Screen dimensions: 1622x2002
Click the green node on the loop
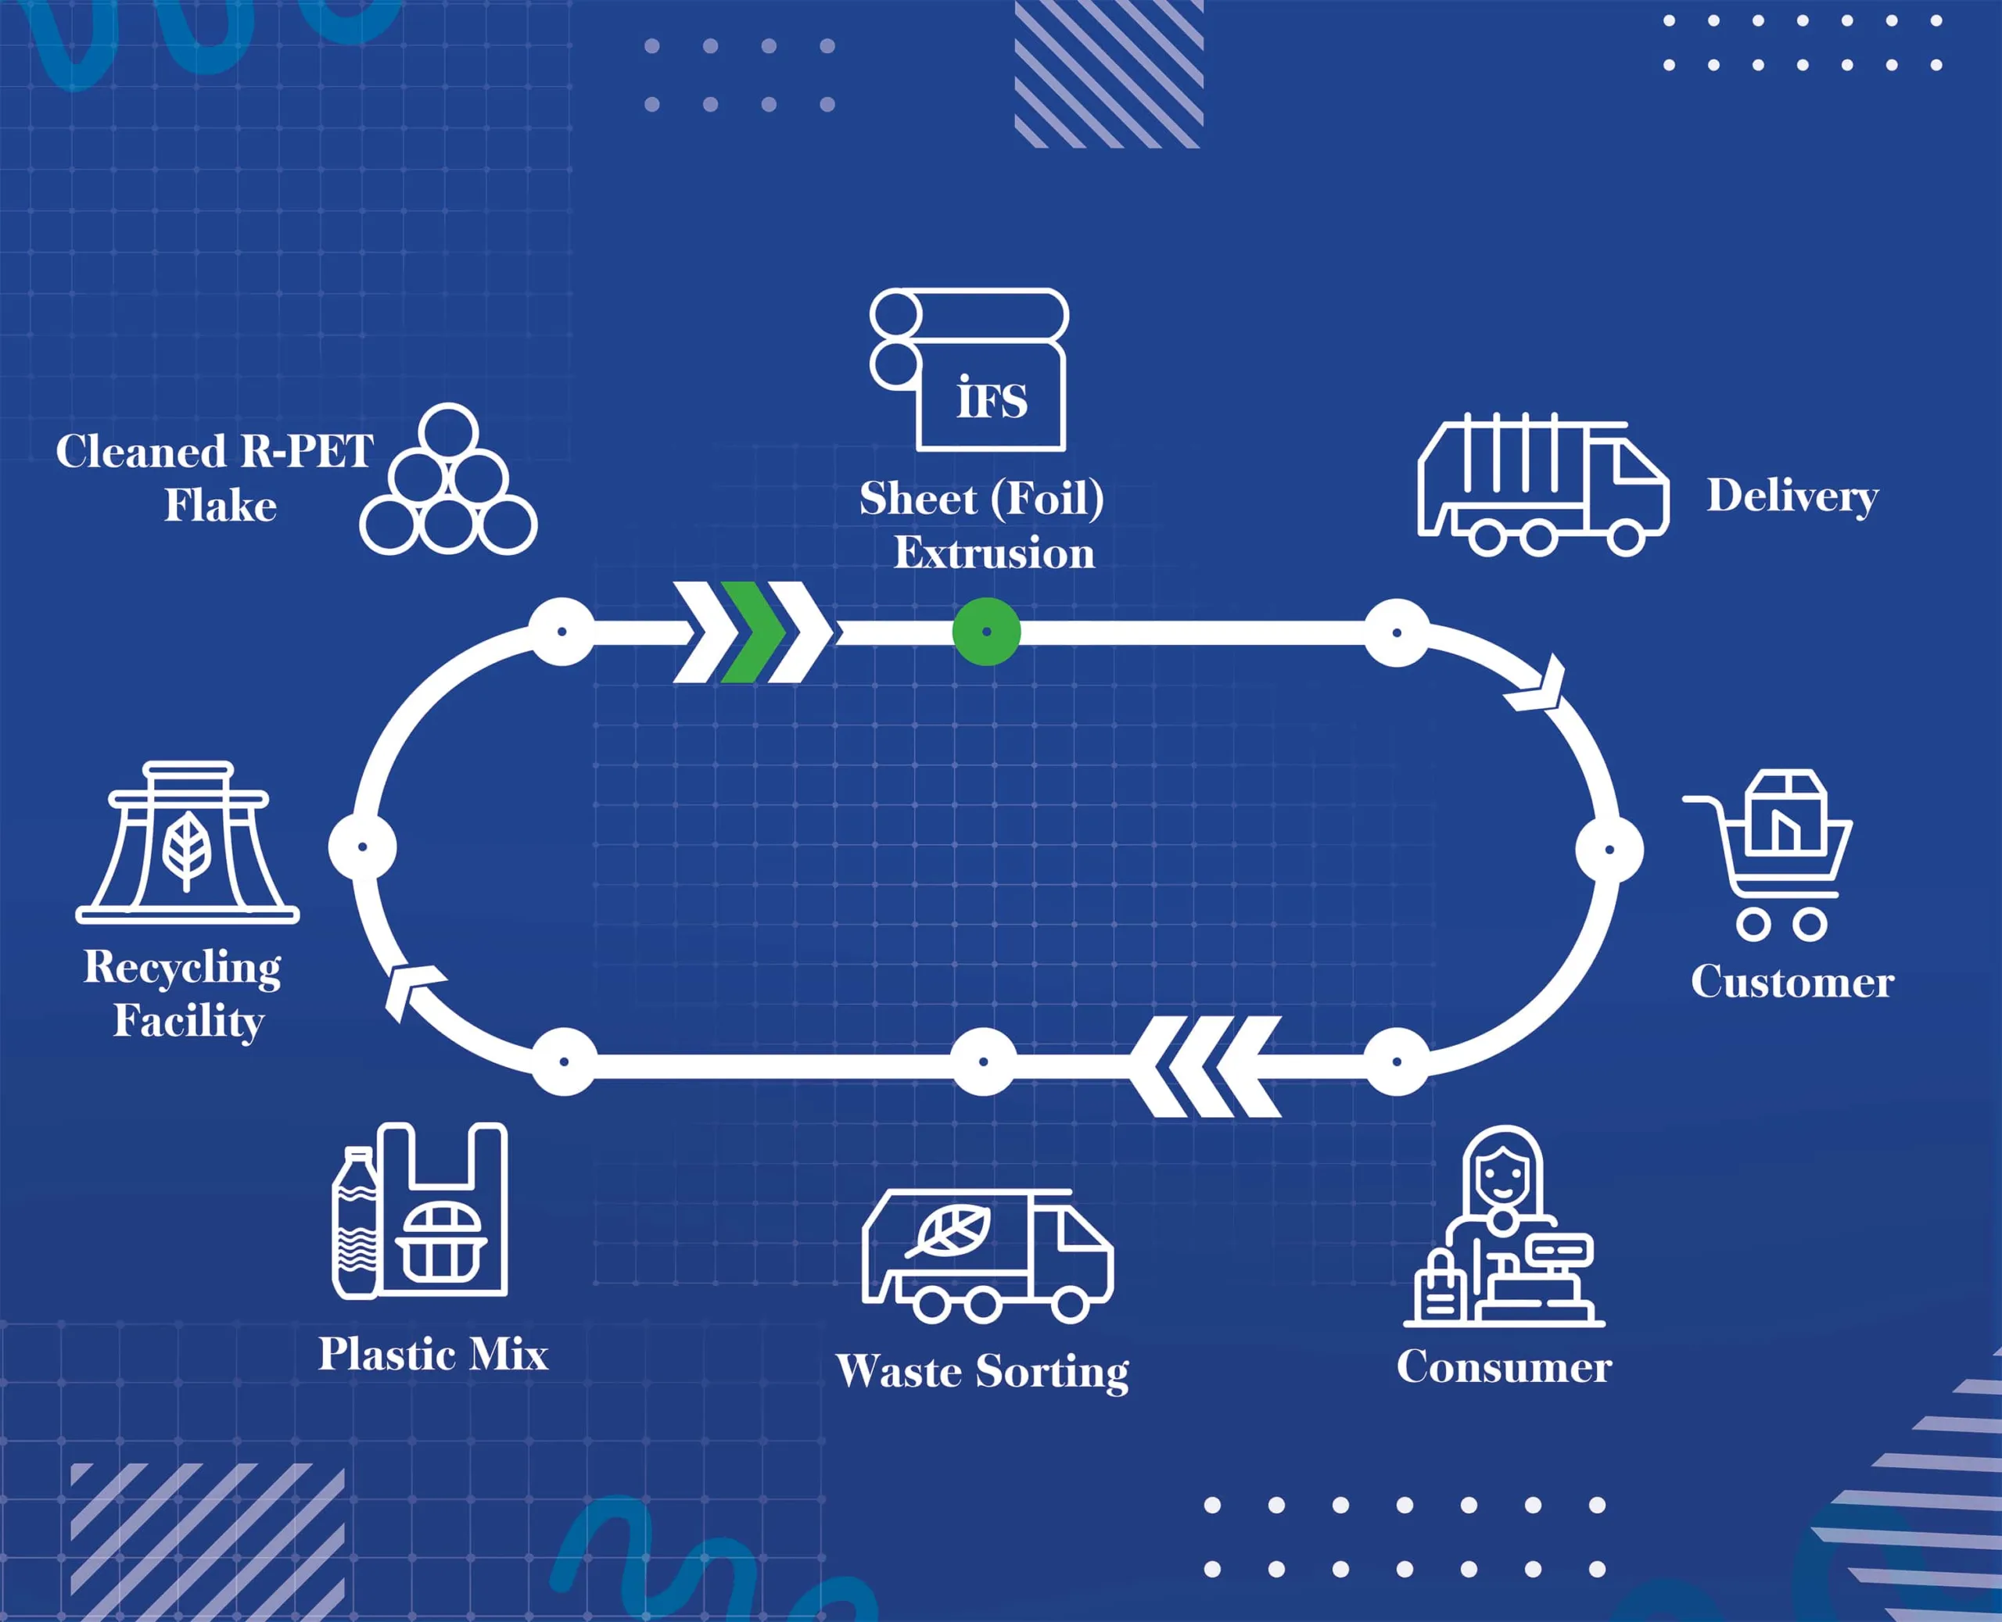coord(986,632)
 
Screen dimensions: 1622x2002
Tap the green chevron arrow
coord(752,632)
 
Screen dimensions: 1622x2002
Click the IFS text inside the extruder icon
coord(992,399)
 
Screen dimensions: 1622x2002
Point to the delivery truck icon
coord(1542,486)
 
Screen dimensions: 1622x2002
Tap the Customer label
coord(1792,982)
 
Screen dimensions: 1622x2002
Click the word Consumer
coord(1504,1367)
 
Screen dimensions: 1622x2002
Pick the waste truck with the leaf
coord(986,1257)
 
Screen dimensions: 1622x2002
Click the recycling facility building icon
coord(187,843)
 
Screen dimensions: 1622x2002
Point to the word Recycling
coord(182,967)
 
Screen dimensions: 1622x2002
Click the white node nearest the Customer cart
coord(1609,850)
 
